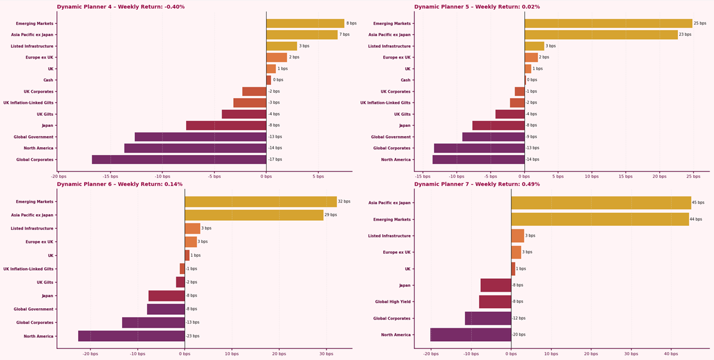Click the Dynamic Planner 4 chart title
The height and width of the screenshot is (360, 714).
tap(121, 7)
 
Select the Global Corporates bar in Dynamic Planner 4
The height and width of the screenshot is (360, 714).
tap(179, 159)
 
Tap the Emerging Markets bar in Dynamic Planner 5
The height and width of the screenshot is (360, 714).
tap(608, 23)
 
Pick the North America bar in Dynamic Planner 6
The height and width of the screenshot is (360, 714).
tap(131, 336)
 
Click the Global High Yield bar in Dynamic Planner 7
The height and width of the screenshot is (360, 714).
tap(495, 301)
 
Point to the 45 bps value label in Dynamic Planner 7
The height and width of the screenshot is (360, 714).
tap(698, 203)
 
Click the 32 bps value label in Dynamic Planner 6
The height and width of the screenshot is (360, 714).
tap(344, 201)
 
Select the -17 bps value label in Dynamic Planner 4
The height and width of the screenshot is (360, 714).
tap(275, 159)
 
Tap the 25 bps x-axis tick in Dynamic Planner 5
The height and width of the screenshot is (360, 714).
tap(693, 176)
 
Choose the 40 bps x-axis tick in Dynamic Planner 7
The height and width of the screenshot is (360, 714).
tap(671, 354)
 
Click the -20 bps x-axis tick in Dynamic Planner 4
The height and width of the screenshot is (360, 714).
tap(58, 176)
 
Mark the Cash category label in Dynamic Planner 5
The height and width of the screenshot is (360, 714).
tap(406, 80)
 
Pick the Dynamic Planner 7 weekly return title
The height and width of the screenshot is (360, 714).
tap(477, 184)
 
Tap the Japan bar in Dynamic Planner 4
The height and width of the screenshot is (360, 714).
tap(226, 125)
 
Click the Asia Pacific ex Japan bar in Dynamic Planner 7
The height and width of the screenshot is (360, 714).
tap(601, 203)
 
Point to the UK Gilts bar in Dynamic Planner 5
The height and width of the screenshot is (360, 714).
tap(510, 114)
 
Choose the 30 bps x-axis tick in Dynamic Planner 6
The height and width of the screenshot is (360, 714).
tap(326, 354)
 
